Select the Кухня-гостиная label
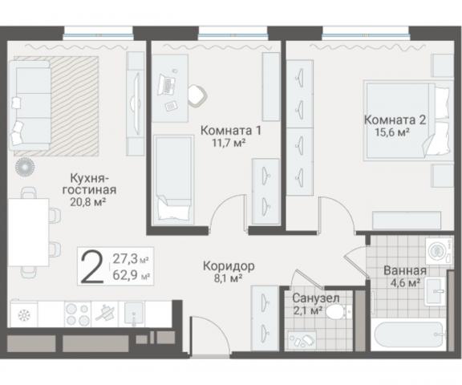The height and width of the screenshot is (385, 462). coord(88,184)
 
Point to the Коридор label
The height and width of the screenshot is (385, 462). coord(228,265)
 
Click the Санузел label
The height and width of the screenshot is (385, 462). coord(309,297)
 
